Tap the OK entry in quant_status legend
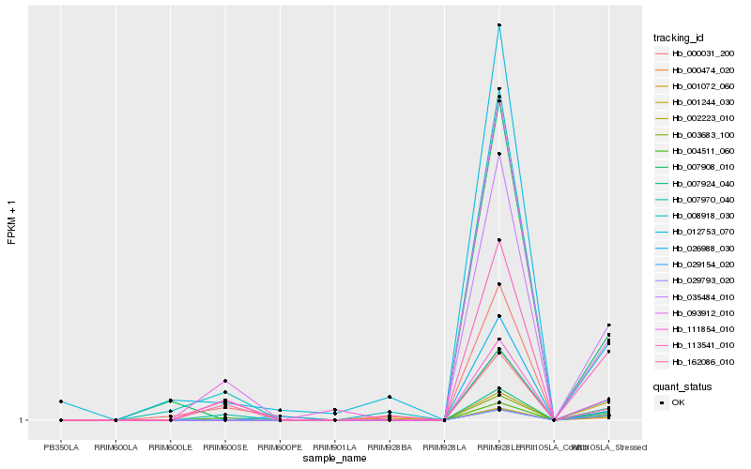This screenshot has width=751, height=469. click(678, 401)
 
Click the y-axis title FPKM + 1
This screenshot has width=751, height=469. click(12, 222)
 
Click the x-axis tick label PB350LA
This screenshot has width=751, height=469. click(61, 447)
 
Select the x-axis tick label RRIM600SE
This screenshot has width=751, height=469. click(225, 447)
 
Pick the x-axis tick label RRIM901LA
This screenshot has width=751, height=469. click(335, 447)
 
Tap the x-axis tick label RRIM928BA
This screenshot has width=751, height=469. click(390, 447)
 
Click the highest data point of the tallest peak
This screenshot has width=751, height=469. click(499, 25)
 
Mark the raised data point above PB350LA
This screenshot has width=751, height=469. click(61, 401)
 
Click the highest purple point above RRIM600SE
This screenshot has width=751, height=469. click(225, 381)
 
